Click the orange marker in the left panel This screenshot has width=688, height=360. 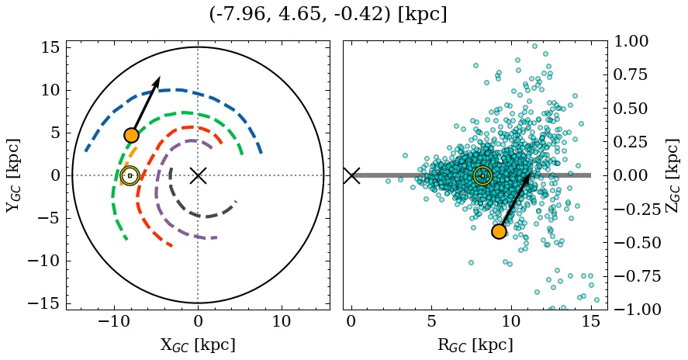coord(131,135)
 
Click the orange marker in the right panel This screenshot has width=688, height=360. coord(499,231)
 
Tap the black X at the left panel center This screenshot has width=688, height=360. coord(198,175)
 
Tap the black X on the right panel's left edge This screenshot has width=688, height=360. coord(351,175)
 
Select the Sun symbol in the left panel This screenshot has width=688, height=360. coord(130,176)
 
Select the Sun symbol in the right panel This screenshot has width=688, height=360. coord(482,176)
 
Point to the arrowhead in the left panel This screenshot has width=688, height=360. coord(157,80)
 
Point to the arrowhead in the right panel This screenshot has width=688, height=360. coord(529,177)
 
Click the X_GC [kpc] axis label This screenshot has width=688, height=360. coord(198,345)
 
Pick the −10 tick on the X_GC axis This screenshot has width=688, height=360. coord(114,322)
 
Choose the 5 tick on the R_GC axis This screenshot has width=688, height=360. coord(431,322)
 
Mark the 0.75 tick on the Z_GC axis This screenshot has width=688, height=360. coord(631,74)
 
